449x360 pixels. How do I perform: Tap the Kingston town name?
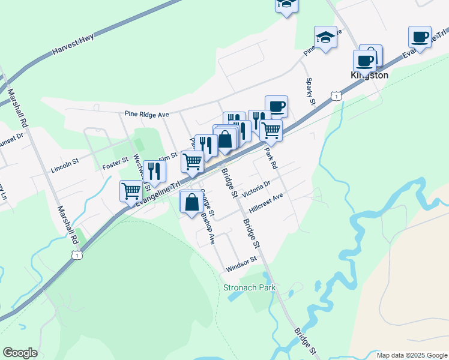[369, 76]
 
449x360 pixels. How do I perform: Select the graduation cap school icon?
[325, 37]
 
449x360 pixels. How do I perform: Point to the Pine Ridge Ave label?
[148, 113]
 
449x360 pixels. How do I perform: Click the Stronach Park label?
[250, 287]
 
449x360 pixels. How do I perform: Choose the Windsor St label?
[241, 264]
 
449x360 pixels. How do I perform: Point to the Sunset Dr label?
[12, 136]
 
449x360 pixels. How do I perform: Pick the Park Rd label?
[270, 158]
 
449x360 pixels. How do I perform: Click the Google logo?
[20, 353]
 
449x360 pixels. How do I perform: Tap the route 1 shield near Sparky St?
[337, 96]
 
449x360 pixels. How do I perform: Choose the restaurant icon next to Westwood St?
[154, 171]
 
